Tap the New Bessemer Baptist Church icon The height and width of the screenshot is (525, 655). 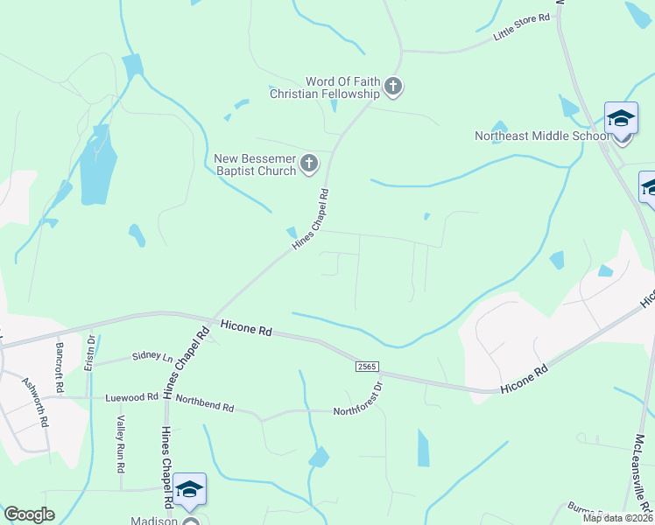tap(308, 163)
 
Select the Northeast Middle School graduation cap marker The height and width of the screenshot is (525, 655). tap(621, 117)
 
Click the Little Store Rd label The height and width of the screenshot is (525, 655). tap(521, 29)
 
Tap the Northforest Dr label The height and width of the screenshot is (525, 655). tap(360, 399)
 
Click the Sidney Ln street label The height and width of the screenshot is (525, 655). tap(152, 356)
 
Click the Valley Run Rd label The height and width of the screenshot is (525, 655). tap(120, 440)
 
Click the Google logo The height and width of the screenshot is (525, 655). tap(29, 514)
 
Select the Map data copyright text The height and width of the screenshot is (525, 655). tap(617, 518)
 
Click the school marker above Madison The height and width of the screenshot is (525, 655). tap(188, 489)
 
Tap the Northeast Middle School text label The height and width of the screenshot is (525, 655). tap(541, 136)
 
